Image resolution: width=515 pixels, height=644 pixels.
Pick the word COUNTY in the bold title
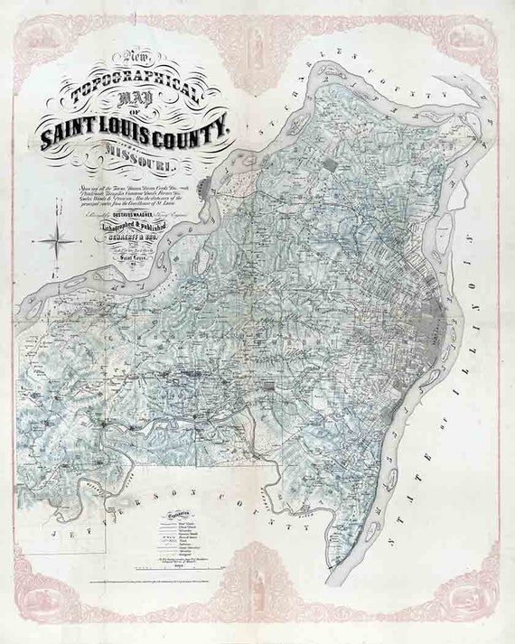pos(199,133)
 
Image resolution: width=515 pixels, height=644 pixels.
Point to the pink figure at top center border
pos(258,41)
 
